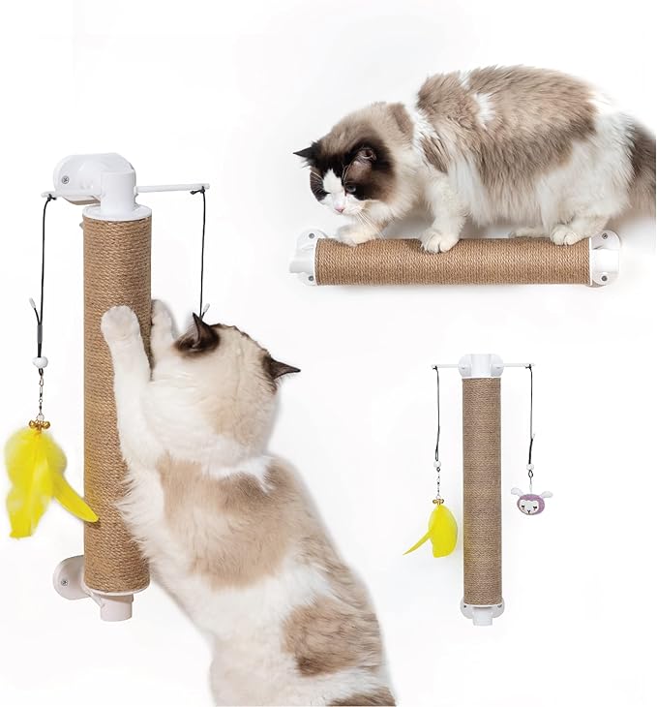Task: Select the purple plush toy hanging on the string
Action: click(530, 501)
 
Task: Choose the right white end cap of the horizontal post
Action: click(604, 257)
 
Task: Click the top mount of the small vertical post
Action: click(481, 366)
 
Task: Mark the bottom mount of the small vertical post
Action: click(481, 610)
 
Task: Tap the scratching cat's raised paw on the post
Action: click(121, 324)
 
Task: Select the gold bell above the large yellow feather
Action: click(40, 424)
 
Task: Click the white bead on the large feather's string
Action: click(41, 362)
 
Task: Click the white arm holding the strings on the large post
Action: click(172, 188)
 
